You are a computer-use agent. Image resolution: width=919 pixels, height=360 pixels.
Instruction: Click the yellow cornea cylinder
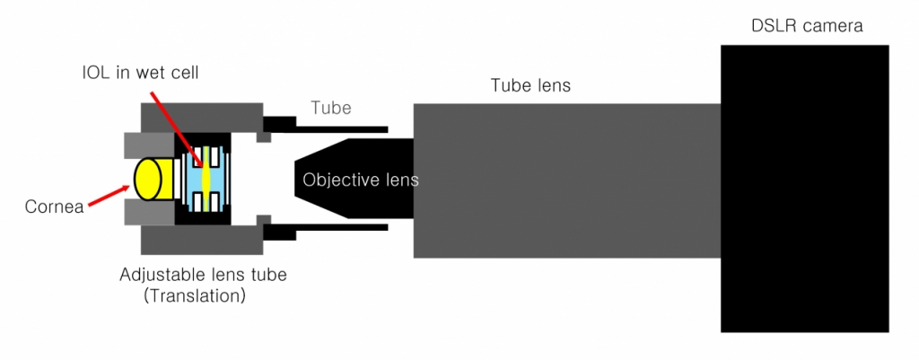coord(148,179)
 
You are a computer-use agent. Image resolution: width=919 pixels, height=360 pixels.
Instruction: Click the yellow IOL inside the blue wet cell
coord(206,178)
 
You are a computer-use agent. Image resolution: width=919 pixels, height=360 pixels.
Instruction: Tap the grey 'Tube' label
coord(330,108)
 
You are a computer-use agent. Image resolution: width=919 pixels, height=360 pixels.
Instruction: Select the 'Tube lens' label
coord(530,86)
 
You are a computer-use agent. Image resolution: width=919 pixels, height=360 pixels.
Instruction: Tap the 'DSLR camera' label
coord(807,26)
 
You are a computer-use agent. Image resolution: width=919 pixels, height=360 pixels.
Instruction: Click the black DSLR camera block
coord(804,189)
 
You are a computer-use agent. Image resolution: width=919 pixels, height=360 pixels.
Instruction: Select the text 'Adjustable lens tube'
coord(203,275)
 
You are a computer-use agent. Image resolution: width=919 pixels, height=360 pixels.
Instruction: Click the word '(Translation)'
coord(195,294)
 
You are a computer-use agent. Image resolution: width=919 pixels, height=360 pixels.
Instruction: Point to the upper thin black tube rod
coord(341,127)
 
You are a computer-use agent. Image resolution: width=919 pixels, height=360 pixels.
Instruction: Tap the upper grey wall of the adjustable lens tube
coord(202,116)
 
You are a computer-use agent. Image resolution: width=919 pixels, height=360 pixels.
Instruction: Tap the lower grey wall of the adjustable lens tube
coord(202,240)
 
